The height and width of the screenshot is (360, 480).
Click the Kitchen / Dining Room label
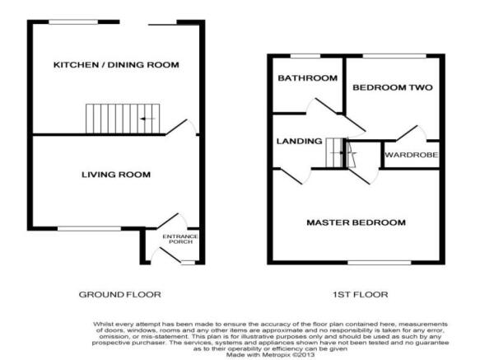coord(116,65)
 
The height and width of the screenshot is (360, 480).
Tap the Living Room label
coord(116,175)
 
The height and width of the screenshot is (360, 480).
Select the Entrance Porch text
coord(180,239)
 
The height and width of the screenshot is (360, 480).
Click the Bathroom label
coord(308,78)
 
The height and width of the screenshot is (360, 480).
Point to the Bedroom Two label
coord(393,87)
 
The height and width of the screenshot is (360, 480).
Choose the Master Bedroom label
coord(357,222)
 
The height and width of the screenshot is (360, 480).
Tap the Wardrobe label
coord(412,155)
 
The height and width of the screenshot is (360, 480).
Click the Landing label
coord(299,141)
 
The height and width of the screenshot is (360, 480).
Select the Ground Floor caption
coord(120,295)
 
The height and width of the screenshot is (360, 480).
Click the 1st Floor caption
coord(361,295)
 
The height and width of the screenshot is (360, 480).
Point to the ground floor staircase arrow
coord(147,119)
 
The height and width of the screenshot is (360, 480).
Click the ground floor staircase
coord(123,119)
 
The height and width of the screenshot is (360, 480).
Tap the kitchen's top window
coord(73,21)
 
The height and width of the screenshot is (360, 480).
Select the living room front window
coord(90,228)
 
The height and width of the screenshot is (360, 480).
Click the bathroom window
coord(305,56)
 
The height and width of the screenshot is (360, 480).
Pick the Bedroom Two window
coord(394,56)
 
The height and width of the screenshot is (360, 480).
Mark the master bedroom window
coord(380,263)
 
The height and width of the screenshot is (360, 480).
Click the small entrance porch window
coord(189,263)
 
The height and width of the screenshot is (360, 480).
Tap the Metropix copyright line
coord(270,355)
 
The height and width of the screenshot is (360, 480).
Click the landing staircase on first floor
coord(334,153)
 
